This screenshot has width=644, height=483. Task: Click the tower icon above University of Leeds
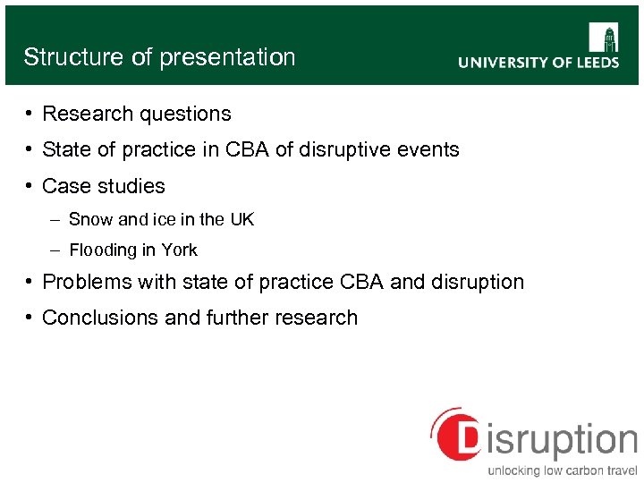point(604,38)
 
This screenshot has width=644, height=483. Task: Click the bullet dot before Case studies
point(30,186)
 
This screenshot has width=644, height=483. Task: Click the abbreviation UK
point(241,220)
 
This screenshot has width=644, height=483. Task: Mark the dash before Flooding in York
point(56,250)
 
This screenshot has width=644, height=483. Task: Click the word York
point(179,250)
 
